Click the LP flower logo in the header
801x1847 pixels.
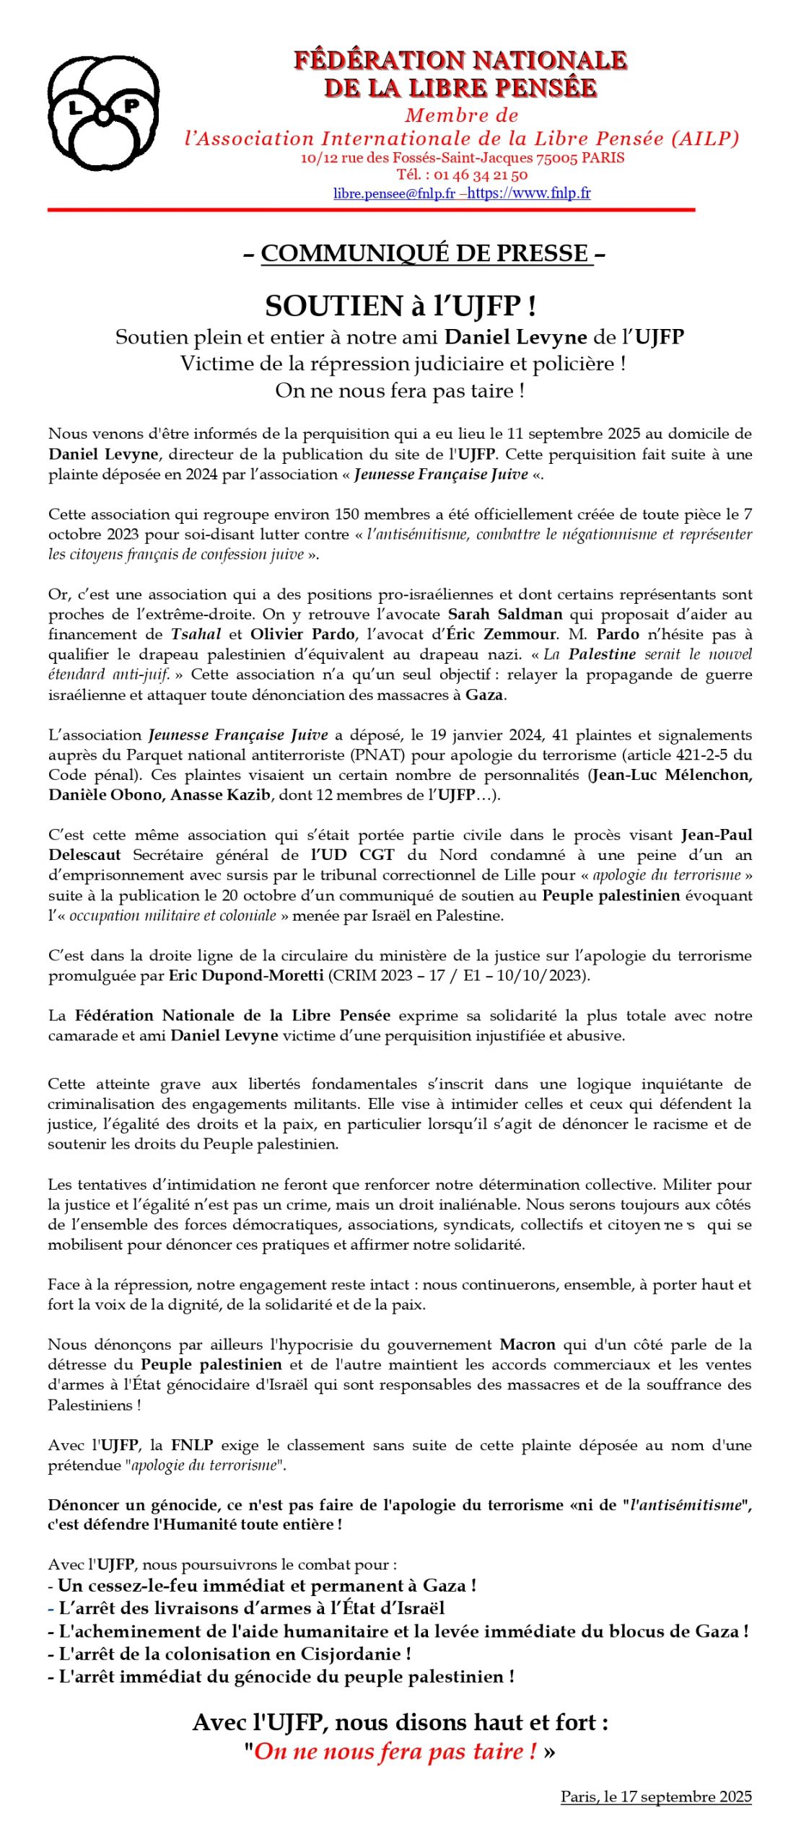pos(103,113)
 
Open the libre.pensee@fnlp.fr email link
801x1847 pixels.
pos(394,193)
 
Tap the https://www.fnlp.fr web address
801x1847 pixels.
pos(529,193)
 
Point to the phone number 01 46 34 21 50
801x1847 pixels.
pos(481,175)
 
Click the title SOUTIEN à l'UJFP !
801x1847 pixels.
pos(400,306)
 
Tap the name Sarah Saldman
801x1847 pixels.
pos(505,615)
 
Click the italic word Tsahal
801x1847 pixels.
pos(196,635)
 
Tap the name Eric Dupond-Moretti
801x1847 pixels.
pos(246,976)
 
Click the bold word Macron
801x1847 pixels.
pos(528,1345)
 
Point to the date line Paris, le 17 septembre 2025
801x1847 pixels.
pos(656,1796)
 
